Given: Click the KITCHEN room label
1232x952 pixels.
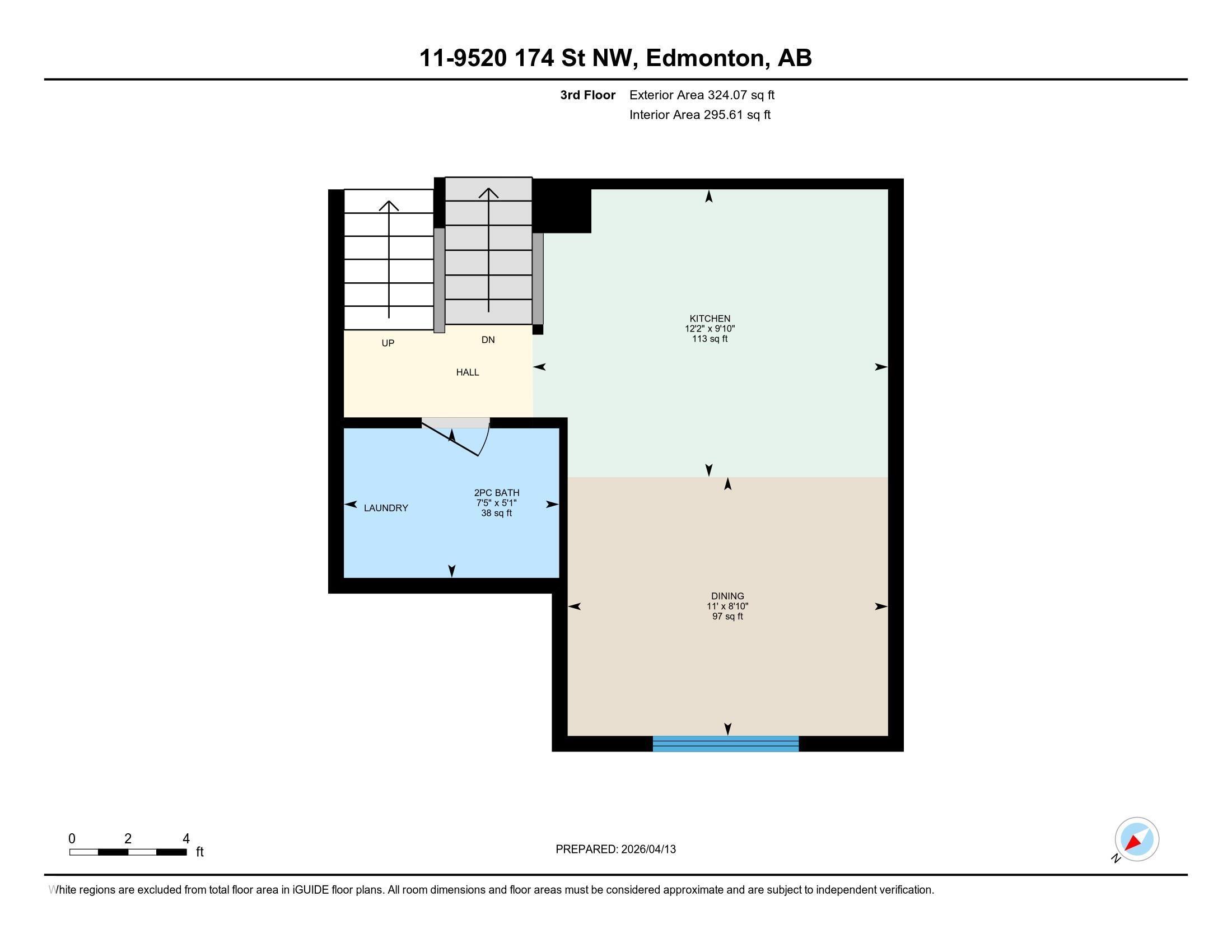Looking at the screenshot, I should (709, 319).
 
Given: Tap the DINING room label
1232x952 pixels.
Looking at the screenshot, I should (727, 596).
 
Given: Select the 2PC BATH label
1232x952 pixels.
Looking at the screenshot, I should (496, 493).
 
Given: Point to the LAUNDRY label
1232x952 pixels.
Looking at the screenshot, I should (386, 508).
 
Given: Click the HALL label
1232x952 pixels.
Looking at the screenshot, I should (467, 372).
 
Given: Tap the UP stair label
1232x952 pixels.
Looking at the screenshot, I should (388, 343).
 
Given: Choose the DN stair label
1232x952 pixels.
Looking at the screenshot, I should (488, 339).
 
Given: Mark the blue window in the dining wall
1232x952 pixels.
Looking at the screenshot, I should (725, 744).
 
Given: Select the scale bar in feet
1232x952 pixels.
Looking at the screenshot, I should (128, 852).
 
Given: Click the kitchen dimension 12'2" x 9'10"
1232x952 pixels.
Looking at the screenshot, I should (710, 329).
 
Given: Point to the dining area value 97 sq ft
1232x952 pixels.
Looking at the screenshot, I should (727, 617).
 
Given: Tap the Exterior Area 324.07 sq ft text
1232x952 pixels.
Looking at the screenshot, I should (702, 95).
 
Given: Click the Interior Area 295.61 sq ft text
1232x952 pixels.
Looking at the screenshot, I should (699, 115).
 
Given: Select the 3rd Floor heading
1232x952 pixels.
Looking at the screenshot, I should (587, 95).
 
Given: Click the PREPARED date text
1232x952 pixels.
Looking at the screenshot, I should (615, 850).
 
